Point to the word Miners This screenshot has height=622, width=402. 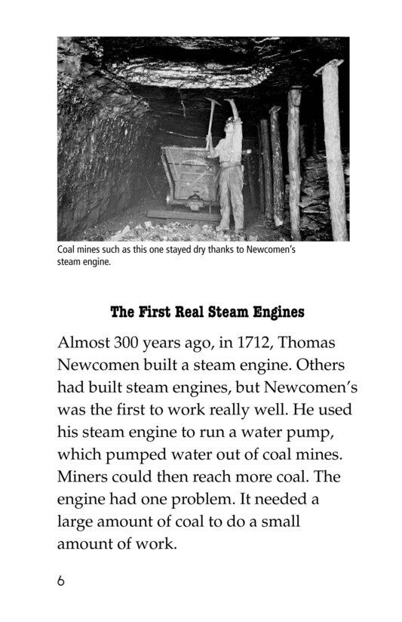pos(85,477)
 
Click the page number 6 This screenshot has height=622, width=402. pos(61,582)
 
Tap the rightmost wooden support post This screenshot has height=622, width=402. pos(333,151)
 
